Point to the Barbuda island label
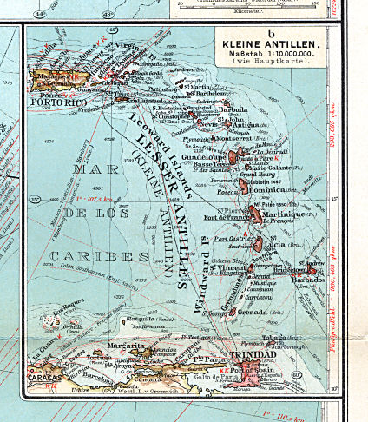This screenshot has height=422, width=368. [x=233, y=110]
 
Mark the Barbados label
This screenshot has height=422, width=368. [x=309, y=280]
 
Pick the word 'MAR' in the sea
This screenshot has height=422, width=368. [x=84, y=169]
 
